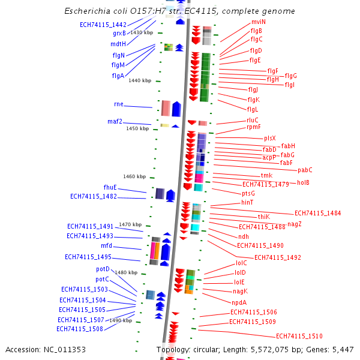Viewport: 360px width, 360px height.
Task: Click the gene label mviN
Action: (259, 22)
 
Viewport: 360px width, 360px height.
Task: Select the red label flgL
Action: (252, 109)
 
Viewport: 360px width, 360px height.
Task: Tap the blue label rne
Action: (118, 104)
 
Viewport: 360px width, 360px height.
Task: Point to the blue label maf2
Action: (115, 121)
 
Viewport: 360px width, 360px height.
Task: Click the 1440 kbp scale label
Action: (140, 80)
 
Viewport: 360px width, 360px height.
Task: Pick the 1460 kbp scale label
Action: (134, 176)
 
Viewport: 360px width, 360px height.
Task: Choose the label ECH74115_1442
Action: (103, 25)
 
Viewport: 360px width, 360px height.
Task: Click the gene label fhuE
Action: (110, 187)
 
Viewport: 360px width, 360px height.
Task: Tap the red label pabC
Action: (305, 170)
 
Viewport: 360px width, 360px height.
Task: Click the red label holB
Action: (303, 182)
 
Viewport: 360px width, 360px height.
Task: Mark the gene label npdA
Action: (239, 302)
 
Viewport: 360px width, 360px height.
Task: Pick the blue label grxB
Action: (119, 33)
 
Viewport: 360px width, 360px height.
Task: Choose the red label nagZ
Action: (295, 224)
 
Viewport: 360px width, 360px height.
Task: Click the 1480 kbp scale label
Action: (126, 272)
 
